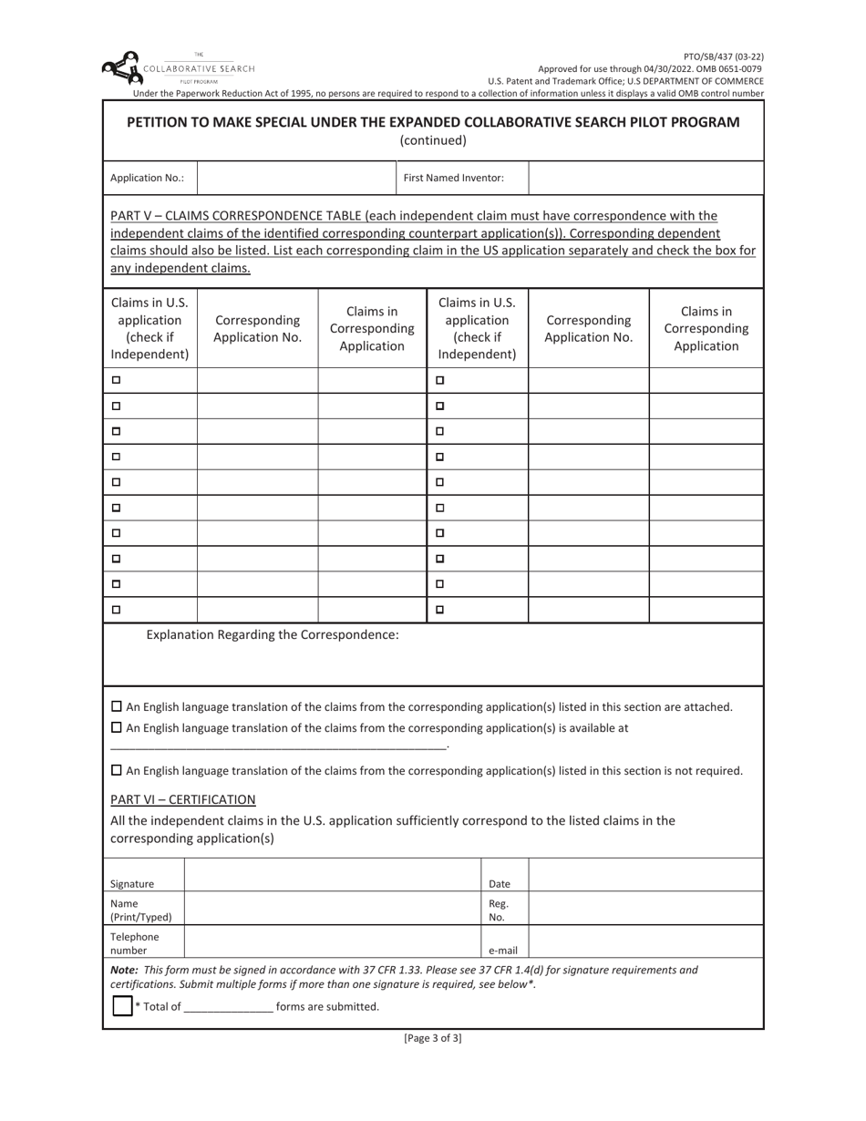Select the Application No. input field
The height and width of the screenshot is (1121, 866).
tap(296, 178)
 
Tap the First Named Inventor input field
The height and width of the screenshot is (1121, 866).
tap(645, 178)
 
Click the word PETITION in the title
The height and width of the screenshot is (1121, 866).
tap(160, 122)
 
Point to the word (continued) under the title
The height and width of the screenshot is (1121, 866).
tap(433, 140)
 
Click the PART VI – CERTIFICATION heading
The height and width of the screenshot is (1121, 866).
tap(182, 799)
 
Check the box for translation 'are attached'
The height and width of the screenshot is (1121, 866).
tap(116, 706)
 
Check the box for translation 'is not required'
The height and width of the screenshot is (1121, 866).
tap(116, 770)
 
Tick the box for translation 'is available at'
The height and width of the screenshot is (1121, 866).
tap(116, 727)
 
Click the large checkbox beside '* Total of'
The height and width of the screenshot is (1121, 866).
tap(122, 1006)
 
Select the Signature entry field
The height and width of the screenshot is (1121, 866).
tap(333, 876)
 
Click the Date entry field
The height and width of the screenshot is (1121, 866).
tap(645, 876)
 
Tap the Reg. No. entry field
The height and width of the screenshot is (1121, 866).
tap(645, 909)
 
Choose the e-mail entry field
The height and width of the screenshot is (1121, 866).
tap(645, 941)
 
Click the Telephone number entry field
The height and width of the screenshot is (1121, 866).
tap(333, 941)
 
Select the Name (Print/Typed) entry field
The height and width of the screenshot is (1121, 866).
tap(333, 909)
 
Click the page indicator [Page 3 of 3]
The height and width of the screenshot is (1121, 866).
tap(433, 1038)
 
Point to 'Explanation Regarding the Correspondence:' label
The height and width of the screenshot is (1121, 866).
tap(273, 634)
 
